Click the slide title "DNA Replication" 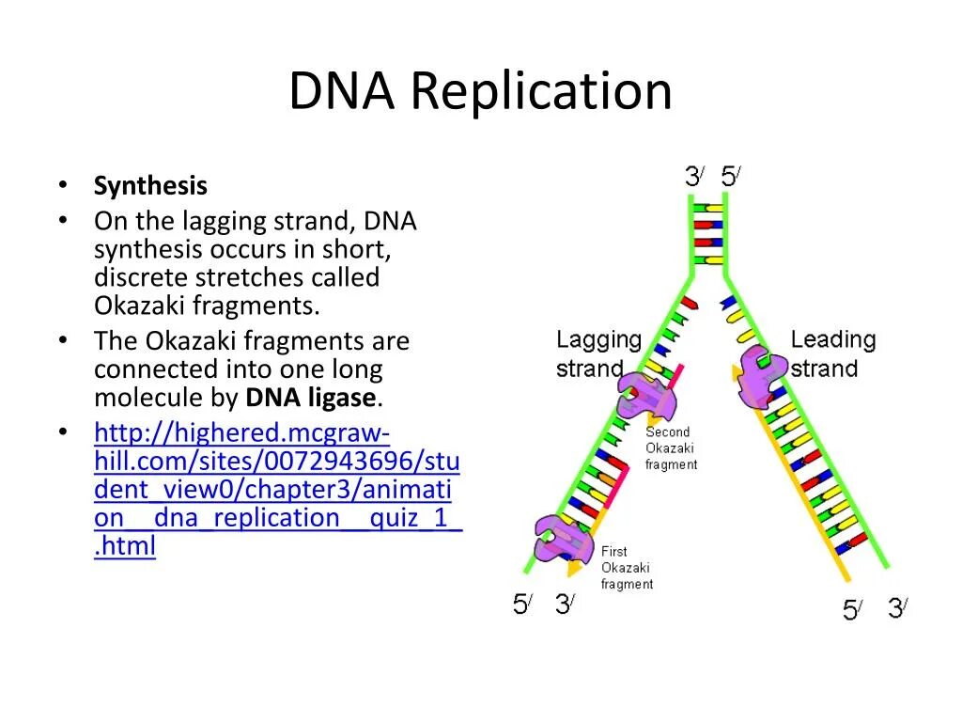pyautogui.click(x=480, y=91)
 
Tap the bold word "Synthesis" pyautogui.click(x=150, y=186)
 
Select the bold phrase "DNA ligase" pyautogui.click(x=311, y=398)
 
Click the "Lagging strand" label pyautogui.click(x=598, y=353)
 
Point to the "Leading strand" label pyautogui.click(x=832, y=353)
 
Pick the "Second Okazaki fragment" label pyautogui.click(x=671, y=448)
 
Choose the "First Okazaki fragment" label pyautogui.click(x=627, y=568)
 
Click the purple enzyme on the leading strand pyautogui.click(x=761, y=375)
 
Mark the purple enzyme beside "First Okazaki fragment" pyautogui.click(x=562, y=541)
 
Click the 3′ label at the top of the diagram pyautogui.click(x=694, y=177)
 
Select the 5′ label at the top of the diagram pyautogui.click(x=730, y=177)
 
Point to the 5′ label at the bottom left pyautogui.click(x=522, y=604)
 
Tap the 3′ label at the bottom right pyautogui.click(x=897, y=609)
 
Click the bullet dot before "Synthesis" pyautogui.click(x=62, y=186)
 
